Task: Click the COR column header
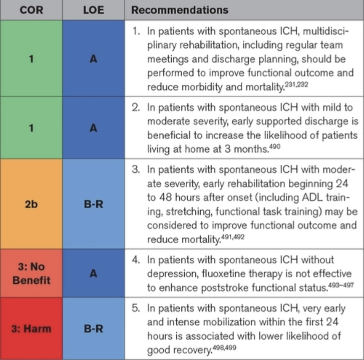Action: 32,10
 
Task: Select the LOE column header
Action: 94,10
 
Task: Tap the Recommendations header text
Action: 180,10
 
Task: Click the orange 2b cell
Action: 32,204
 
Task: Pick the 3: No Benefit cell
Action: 32,273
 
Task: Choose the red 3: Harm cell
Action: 32,328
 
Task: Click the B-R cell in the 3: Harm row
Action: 94,328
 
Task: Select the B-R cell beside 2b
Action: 94,204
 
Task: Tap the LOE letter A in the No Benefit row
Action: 93,273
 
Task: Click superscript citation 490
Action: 275,146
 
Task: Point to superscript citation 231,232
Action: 296,84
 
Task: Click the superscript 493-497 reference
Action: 341,285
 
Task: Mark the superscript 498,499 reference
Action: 224,347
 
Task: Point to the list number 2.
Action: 136,107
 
